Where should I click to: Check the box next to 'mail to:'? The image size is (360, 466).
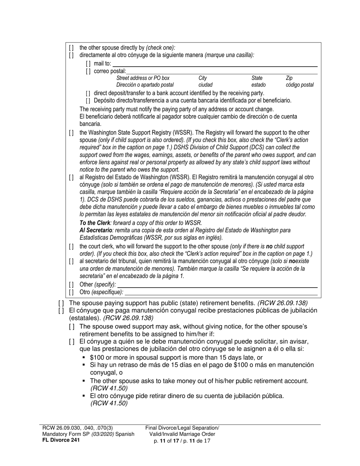point(88,64)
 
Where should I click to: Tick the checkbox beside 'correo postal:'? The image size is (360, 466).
point(88,71)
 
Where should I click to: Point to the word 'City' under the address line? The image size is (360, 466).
point(203,78)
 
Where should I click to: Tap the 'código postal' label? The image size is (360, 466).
point(300,85)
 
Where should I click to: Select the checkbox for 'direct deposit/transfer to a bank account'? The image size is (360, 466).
point(88,93)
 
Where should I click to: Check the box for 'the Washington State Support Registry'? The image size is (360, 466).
point(72,133)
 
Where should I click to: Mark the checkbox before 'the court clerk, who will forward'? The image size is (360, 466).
point(72,247)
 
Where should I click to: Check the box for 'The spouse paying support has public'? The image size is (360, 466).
point(61,303)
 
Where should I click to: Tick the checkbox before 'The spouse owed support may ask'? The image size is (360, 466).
point(72,327)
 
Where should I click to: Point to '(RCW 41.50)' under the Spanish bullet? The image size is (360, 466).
point(109,403)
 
